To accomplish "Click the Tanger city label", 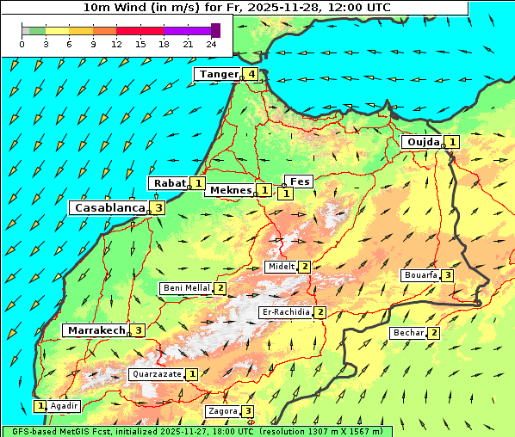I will pyautogui.click(x=218, y=74).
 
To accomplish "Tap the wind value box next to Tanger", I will pyautogui.click(x=251, y=74).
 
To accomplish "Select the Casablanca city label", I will pyautogui.click(x=109, y=207).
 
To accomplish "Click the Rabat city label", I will pyautogui.click(x=169, y=182).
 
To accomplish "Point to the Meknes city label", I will pyautogui.click(x=230, y=189).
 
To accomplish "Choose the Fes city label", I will pyautogui.click(x=299, y=182).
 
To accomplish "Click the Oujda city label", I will pyautogui.click(x=422, y=142).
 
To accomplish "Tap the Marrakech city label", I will pyautogui.click(x=96, y=329).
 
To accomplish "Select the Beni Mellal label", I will pyautogui.click(x=186, y=288).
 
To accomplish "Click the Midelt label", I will pyautogui.click(x=281, y=267).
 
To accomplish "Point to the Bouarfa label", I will pyautogui.click(x=420, y=275).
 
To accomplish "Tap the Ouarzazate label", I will pyautogui.click(x=156, y=374).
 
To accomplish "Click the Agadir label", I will pyautogui.click(x=65, y=405).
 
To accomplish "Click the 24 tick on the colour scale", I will pyautogui.click(x=211, y=44).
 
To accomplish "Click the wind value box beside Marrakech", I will pyautogui.click(x=138, y=329).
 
